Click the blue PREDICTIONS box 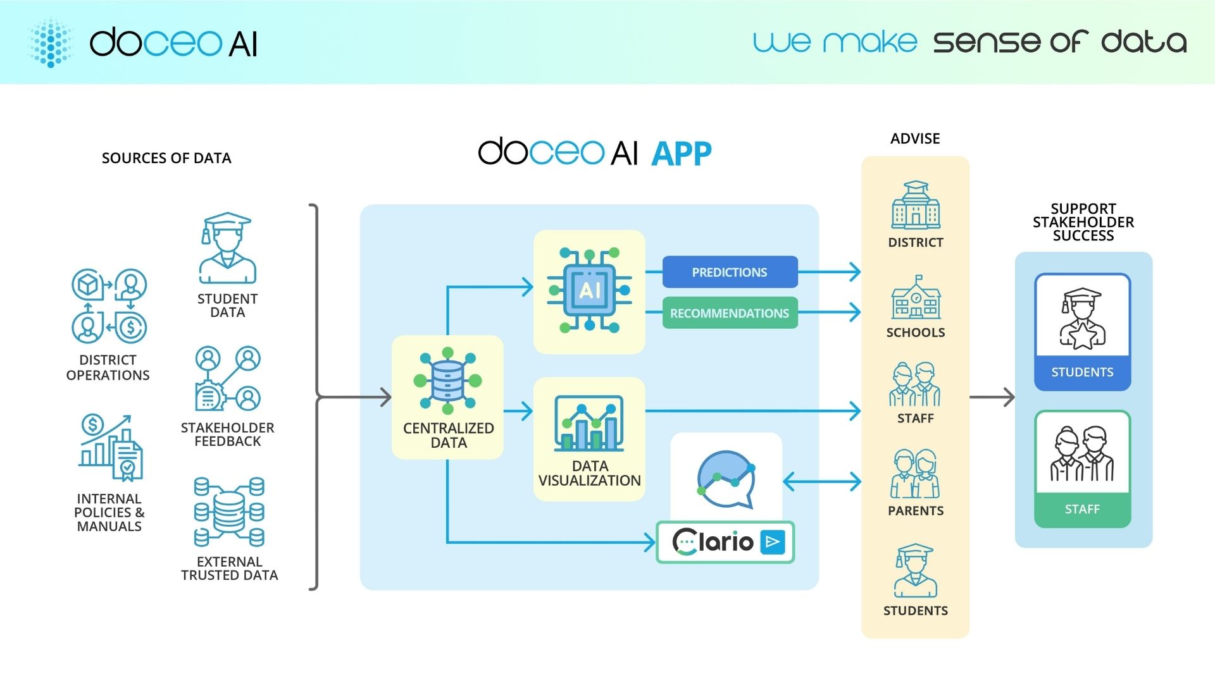(x=730, y=272)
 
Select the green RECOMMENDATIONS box (x=730, y=313)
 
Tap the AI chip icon (x=589, y=290)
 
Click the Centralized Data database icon (x=447, y=381)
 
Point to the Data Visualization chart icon (x=589, y=423)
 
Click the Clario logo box (x=725, y=542)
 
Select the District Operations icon (x=109, y=307)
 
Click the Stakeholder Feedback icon (x=228, y=379)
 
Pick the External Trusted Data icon (x=229, y=512)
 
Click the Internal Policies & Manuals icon (x=111, y=448)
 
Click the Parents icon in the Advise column (x=915, y=474)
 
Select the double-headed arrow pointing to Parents (x=821, y=481)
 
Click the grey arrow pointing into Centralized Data (x=354, y=397)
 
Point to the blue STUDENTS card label (x=1082, y=372)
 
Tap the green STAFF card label (x=1082, y=509)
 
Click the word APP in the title (x=682, y=154)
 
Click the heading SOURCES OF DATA (x=166, y=158)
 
